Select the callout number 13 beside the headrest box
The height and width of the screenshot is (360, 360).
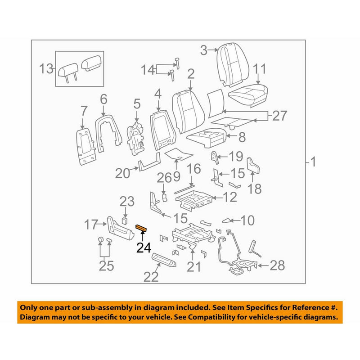(x=45, y=69)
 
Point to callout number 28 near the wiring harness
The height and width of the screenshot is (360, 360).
(x=277, y=265)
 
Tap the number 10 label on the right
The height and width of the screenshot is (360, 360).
(x=247, y=220)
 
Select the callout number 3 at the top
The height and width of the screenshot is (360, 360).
(x=204, y=50)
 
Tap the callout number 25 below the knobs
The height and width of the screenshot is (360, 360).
(x=106, y=266)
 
